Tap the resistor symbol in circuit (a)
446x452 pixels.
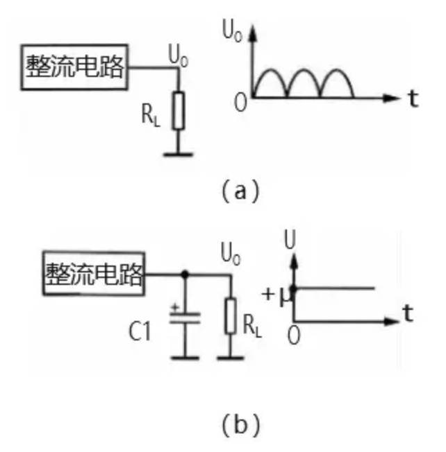pyautogui.click(x=179, y=111)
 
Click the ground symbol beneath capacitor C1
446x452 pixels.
pyautogui.click(x=185, y=357)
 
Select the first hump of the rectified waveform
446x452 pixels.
pyautogui.click(x=268, y=82)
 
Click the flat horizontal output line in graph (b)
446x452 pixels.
pyautogui.click(x=337, y=288)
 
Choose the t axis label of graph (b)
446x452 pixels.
pyautogui.click(x=408, y=314)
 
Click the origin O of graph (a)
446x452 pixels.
pyautogui.click(x=240, y=104)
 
